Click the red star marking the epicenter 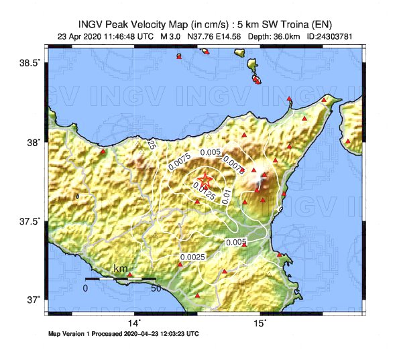point(205,180)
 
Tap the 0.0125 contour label point(204,190)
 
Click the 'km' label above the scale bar point(121,269)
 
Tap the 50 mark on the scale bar point(155,288)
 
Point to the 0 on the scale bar point(85,288)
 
